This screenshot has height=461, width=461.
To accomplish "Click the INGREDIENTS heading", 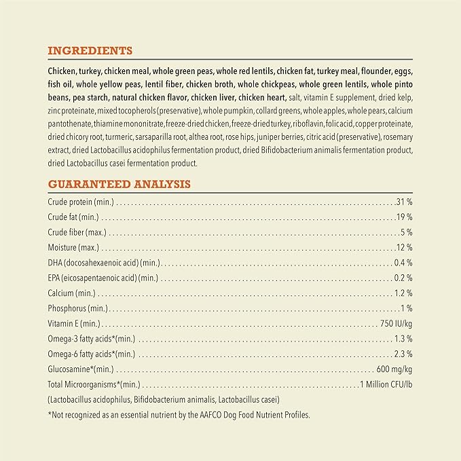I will pos(90,51).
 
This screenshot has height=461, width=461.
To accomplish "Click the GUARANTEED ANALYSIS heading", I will pos(119,184).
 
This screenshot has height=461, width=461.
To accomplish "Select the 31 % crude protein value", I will pos(404,202).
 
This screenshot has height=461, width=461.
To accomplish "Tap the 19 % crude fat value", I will pos(405,217).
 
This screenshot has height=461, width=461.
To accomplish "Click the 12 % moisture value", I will pos(405,247).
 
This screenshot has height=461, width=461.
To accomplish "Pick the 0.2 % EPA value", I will pos(403,278).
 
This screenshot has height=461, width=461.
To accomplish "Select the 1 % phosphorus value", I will pos(407,308).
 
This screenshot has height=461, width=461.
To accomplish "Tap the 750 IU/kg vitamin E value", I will pos(397,324).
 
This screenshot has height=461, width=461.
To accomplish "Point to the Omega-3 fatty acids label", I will pos(91,339).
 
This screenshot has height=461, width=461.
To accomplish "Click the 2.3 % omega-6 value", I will pos(403,354).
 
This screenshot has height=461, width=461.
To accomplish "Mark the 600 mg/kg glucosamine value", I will pos(394,369).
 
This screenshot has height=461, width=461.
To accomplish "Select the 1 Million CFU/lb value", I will pos(386,385).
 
